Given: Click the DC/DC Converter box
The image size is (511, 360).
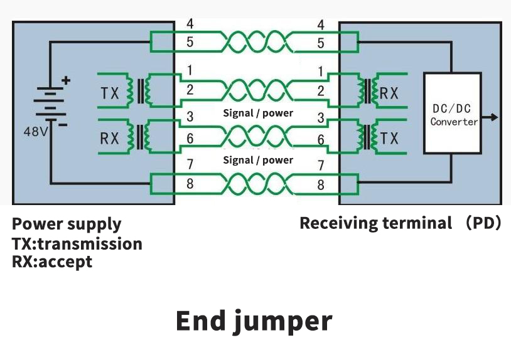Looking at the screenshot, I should pos(453,114).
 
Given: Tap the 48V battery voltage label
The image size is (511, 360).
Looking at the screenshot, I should pos(35,132).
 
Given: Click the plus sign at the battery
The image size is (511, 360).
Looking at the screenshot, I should pos(66,80).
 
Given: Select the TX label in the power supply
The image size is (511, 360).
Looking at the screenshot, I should pos(110,93).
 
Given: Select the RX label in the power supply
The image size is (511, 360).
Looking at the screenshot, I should pos(109,138).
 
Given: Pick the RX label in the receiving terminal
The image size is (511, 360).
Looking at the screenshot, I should pos(389,93).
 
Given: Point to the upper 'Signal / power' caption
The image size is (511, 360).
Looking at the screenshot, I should pos(258,114).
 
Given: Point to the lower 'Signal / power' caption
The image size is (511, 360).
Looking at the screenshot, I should pos(258,160).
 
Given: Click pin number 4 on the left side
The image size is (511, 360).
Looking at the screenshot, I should pos(190,24).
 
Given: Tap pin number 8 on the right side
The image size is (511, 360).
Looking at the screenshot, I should pos(321,185).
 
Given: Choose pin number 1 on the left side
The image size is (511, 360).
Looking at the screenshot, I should pos(190,71).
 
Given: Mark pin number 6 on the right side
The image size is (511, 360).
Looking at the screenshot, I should pos(321,140).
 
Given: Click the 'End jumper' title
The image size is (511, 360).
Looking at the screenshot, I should pos(254,320).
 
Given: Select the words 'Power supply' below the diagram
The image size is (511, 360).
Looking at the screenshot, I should pos(67,224).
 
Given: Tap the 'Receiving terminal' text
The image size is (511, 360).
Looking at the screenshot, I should pos(375,223).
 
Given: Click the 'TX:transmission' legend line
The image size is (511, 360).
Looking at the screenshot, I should pos(77,243).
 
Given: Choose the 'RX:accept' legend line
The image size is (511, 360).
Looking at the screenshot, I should pos(51,262).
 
